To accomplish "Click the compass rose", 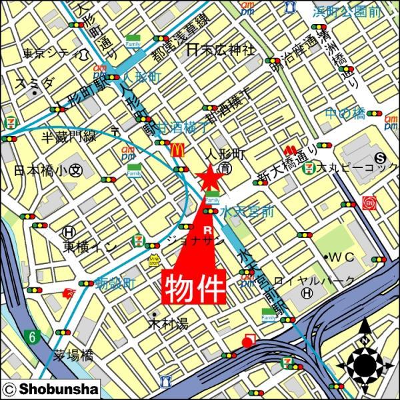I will tap(365, 363).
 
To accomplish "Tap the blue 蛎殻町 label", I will tap(115, 283).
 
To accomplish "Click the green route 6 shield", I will tap(31, 335).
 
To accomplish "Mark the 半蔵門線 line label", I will tap(69, 136).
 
